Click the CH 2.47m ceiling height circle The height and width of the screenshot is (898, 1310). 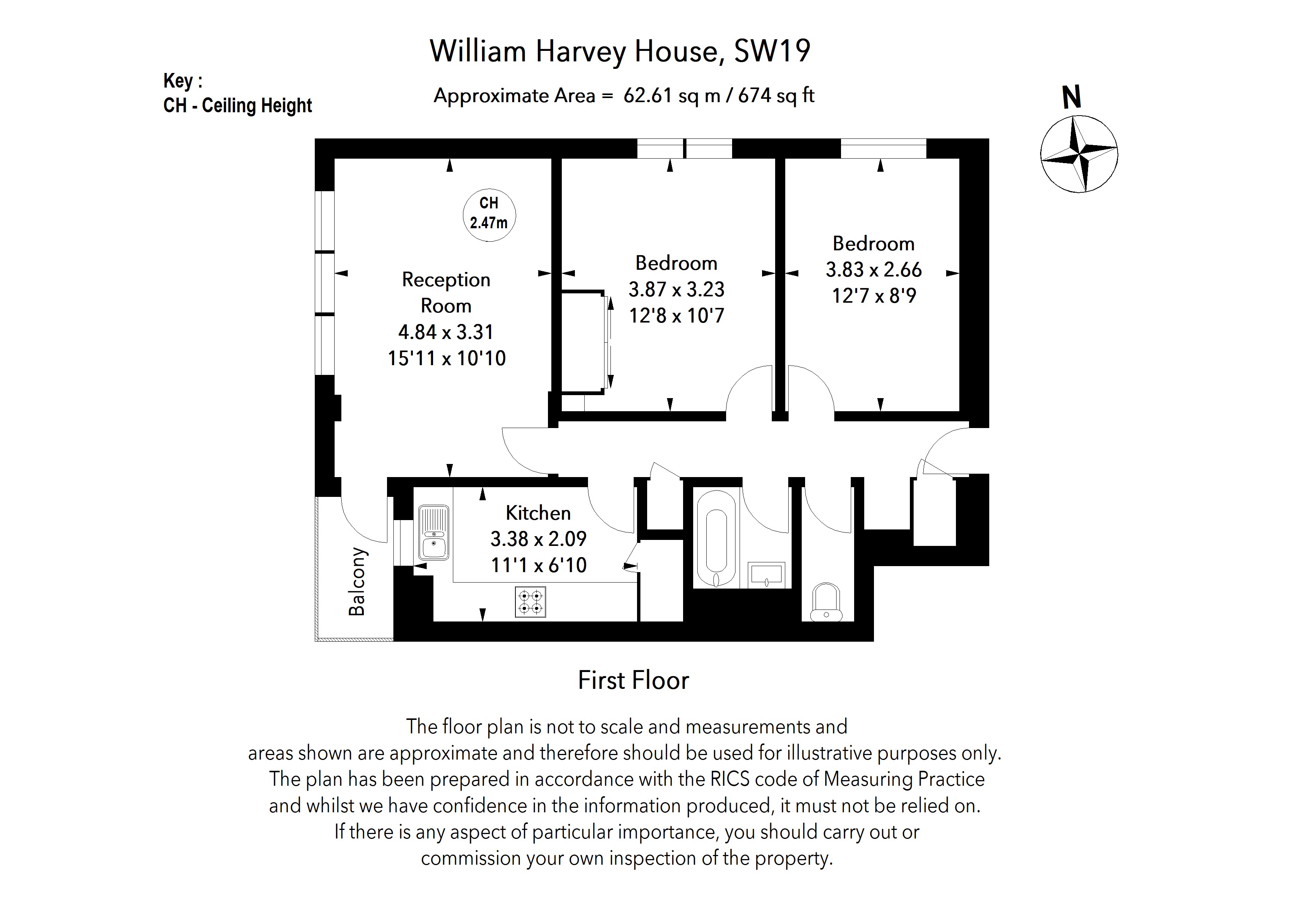489,215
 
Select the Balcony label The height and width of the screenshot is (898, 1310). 357,581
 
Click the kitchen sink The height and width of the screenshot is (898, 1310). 433,532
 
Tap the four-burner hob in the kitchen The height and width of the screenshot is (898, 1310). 530,602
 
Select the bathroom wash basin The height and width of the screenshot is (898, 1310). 766,575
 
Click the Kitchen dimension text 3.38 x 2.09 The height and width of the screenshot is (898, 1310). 538,539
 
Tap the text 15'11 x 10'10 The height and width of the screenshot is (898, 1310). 447,358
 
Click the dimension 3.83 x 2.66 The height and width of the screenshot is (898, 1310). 873,270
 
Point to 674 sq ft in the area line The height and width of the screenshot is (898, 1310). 776,96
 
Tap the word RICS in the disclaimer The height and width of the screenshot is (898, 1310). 730,779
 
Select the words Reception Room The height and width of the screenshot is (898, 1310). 446,292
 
